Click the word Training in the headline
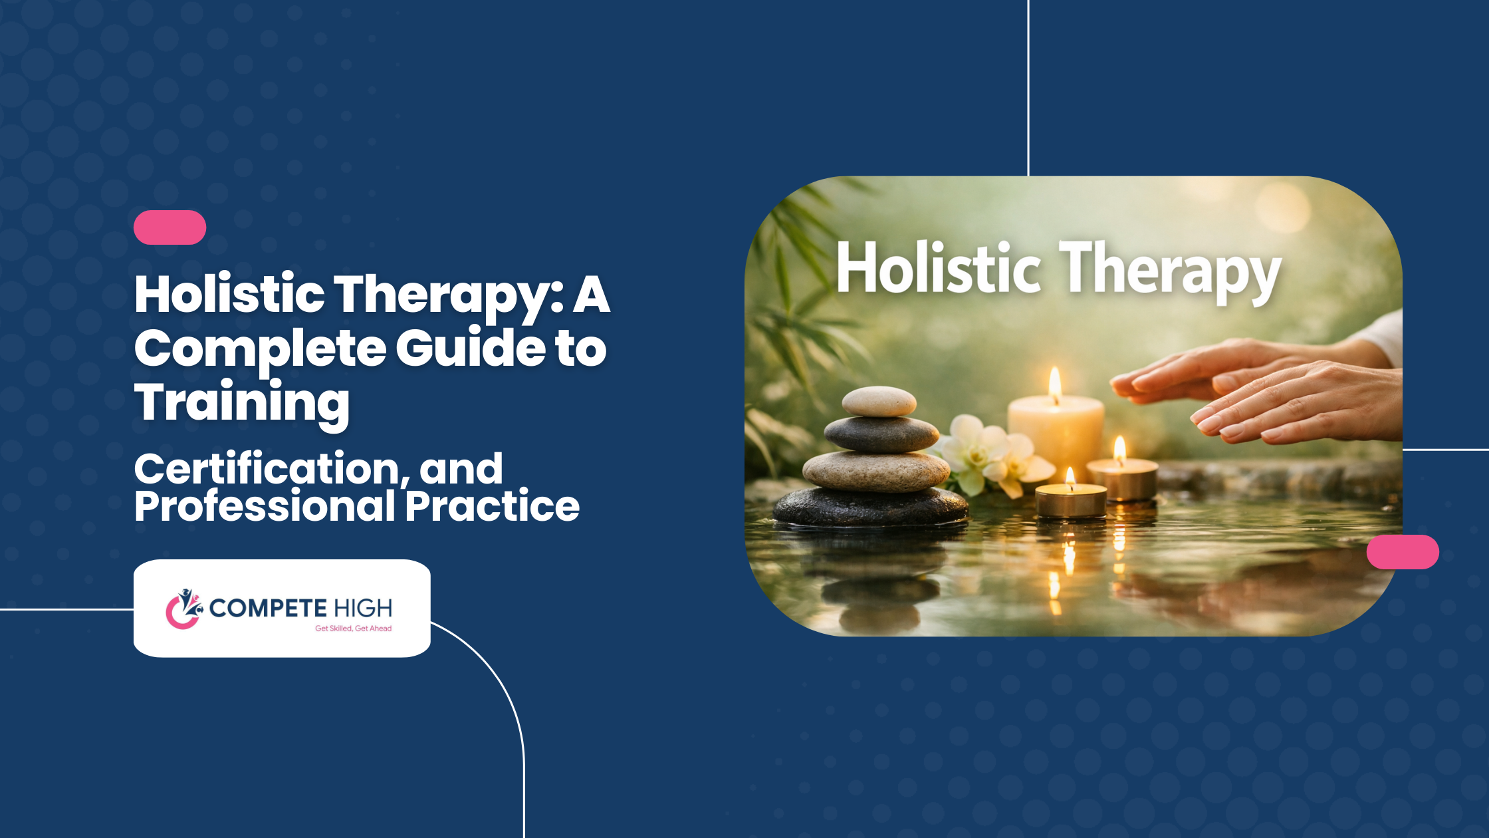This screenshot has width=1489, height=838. [242, 403]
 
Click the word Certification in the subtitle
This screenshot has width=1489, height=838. [271, 470]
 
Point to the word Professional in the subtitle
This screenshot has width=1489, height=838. [265, 506]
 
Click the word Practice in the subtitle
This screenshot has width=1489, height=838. [493, 506]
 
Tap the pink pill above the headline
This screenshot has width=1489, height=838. [170, 227]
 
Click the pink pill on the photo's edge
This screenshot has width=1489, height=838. [1403, 552]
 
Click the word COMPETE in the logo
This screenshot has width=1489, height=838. [268, 608]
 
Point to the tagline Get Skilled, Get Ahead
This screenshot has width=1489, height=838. [353, 628]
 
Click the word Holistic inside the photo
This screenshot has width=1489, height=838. [938, 267]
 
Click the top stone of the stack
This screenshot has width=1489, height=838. [879, 401]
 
